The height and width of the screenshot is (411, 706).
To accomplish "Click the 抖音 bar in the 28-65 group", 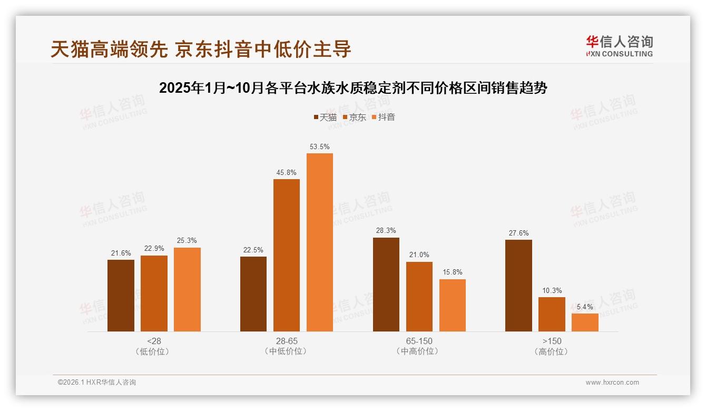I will point(320,242).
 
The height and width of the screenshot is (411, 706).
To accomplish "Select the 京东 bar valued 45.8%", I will point(287,256).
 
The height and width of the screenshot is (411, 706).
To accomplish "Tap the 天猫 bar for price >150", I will point(518,286).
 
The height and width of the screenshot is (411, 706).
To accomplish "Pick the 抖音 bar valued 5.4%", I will point(585,322).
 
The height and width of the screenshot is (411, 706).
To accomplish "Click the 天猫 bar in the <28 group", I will point(121,296).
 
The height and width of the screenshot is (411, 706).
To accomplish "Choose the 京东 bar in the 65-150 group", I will point(419,297).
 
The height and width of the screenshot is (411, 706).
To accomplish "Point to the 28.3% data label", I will point(386,231).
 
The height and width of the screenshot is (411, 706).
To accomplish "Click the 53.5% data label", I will point(320,146).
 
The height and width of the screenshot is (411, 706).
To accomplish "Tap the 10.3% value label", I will point(552,290).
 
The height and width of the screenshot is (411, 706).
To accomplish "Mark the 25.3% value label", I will point(187,241).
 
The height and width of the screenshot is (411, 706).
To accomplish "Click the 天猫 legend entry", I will point(325,117).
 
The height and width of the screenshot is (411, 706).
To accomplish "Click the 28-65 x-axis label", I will point(287,341).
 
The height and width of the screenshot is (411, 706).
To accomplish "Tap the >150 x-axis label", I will point(552,341).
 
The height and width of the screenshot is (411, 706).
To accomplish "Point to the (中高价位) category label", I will point(419,351).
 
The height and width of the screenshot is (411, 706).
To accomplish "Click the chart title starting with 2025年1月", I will point(353,88).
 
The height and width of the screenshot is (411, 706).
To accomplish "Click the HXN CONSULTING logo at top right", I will point(619,46).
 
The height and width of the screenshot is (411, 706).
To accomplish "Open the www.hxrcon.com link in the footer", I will point(612,383).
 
